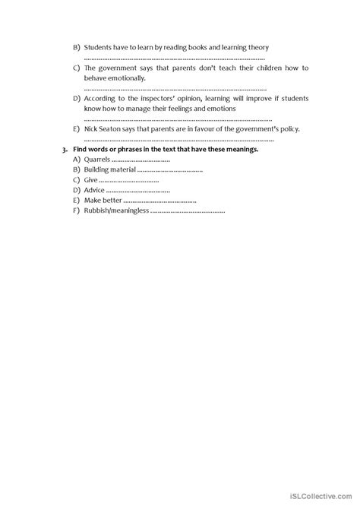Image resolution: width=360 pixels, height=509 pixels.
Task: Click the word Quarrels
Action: coord(97,160)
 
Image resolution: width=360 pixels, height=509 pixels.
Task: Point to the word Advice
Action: coord(94,190)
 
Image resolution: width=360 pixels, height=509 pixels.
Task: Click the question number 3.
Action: coord(66,150)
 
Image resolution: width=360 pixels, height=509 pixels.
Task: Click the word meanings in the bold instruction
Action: coord(242,150)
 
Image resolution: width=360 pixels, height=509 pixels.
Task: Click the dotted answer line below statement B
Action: coord(174,58)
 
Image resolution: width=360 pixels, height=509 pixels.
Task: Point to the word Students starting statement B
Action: coord(98,47)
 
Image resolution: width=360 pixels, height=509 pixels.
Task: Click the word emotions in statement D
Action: coord(220,109)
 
